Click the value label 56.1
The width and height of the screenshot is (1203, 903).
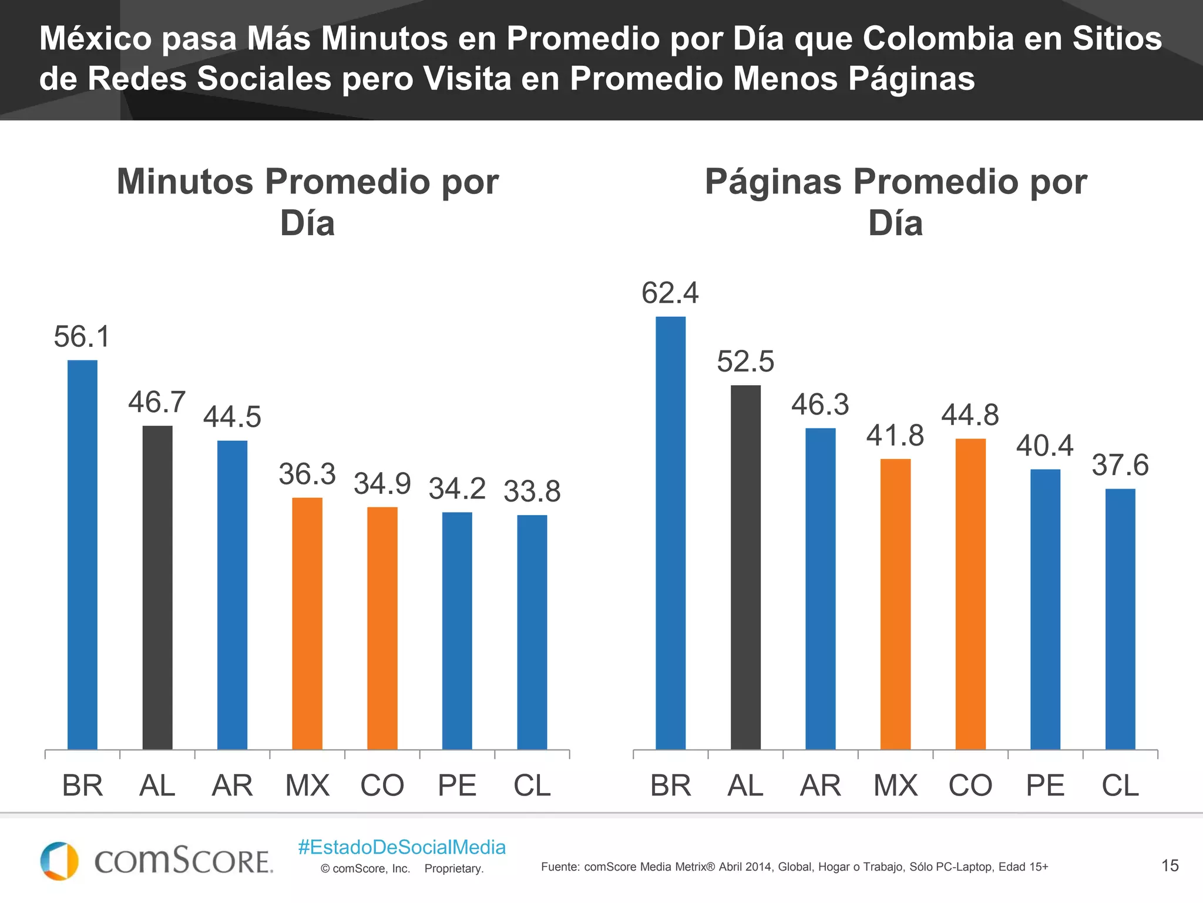coord(82,337)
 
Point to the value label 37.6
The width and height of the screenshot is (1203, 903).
coord(1120,465)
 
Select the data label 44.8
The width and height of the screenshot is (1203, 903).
coord(970,415)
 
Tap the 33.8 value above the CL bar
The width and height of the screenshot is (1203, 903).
coord(532,491)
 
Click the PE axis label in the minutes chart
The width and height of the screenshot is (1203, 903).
coord(457,785)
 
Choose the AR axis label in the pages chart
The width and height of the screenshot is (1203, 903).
coord(820,785)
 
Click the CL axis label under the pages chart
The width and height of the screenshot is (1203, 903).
coord(1120,785)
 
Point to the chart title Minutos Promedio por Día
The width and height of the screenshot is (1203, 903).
coord(308,202)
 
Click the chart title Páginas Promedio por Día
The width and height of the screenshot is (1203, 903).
coord(896,202)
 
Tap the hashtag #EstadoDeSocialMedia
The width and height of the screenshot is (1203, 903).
coord(402,847)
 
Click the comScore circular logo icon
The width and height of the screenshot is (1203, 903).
coord(59,861)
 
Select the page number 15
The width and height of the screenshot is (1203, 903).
coord(1170,865)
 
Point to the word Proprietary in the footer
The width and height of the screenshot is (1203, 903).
coord(453,869)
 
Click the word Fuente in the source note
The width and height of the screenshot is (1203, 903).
coord(560,867)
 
